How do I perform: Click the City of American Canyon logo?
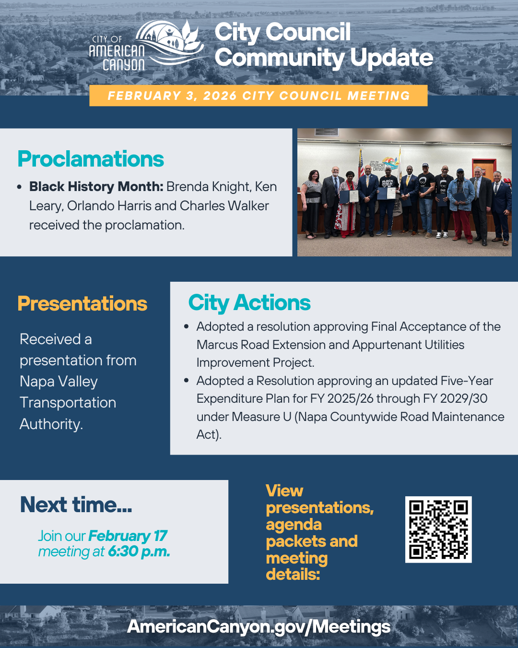[146, 46]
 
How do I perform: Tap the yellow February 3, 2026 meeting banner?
[258, 96]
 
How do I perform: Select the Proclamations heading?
[91, 159]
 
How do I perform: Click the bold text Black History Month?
[96, 187]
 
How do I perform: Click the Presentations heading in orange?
[82, 304]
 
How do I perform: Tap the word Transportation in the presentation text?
[68, 403]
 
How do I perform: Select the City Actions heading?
[249, 303]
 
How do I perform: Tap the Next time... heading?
[76, 505]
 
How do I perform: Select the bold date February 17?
[128, 536]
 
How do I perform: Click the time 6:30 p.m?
[139, 552]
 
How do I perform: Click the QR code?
[438, 529]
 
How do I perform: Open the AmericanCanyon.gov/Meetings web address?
[259, 627]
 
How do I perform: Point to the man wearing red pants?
[461, 206]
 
